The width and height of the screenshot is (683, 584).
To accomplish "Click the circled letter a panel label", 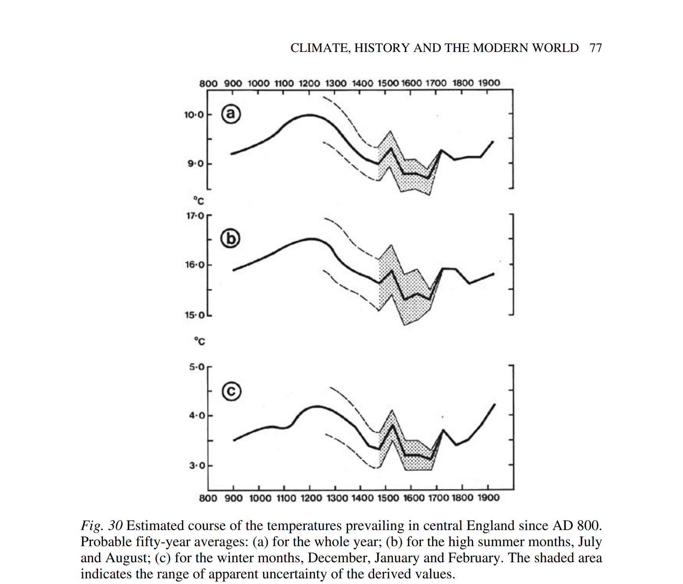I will tap(231, 114).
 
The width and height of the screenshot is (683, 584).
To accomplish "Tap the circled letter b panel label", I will tap(230, 238).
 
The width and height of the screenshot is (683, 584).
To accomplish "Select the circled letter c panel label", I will tap(232, 391).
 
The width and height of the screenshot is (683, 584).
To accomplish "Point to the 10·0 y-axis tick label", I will tap(194, 115).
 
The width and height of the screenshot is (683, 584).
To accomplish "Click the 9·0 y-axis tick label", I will tap(195, 164).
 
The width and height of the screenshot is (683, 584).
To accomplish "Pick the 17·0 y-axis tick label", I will tap(195, 216).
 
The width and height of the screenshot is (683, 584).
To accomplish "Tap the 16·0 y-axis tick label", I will tap(195, 265).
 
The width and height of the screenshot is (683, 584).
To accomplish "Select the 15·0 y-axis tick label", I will tap(195, 315).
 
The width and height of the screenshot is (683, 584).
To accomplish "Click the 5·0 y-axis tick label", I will tap(197, 367).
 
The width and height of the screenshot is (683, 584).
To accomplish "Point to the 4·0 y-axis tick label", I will tap(197, 416).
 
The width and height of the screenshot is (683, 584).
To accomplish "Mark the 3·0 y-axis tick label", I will tap(197, 466).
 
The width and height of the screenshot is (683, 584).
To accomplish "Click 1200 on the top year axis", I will tap(309, 83).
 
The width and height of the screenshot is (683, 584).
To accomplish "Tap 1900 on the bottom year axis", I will tap(488, 498).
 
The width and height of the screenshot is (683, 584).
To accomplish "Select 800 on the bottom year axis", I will tap(208, 498).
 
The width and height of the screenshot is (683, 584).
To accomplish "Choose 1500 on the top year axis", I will tap(388, 83).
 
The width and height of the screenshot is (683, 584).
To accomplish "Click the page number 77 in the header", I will tap(596, 48).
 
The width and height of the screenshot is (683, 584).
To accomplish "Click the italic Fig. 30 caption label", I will tap(101, 526).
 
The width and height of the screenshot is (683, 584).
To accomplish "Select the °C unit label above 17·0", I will tap(199, 201).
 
